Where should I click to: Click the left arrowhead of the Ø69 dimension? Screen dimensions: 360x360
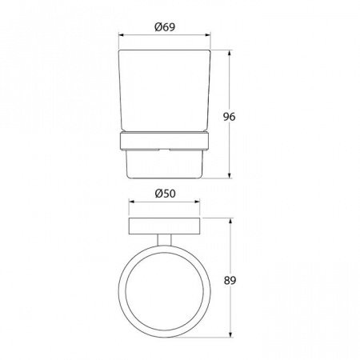122,35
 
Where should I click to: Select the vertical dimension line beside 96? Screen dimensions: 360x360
232,88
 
